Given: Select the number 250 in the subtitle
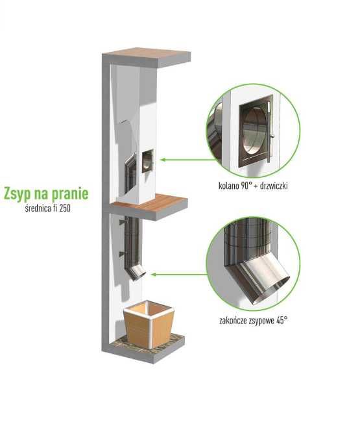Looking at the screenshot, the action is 65,208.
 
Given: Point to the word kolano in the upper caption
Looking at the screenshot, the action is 229,186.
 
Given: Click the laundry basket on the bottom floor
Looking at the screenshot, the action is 149,324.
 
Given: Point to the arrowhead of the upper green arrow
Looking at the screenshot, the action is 162,160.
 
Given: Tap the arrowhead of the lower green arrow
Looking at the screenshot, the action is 153,275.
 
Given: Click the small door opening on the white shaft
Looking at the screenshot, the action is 147,162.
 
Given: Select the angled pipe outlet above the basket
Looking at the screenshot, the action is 137,272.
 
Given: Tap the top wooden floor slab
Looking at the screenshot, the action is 146,57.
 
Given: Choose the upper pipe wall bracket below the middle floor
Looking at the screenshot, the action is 123,221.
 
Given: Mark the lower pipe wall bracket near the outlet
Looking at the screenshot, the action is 123,253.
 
